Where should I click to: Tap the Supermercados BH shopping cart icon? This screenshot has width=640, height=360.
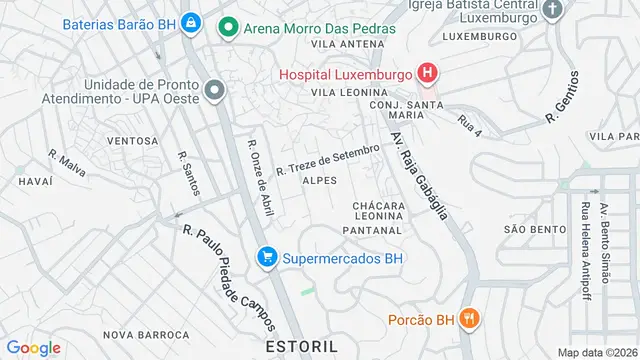click(x=267, y=257)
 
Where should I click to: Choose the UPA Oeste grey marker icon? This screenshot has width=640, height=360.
click(x=213, y=92)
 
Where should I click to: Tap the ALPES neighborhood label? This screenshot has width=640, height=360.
click(x=320, y=180)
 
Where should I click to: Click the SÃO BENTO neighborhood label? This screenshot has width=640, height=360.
click(x=536, y=229)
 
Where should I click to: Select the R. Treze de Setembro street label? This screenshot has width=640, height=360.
click(x=328, y=158)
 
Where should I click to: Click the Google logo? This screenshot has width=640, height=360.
click(x=33, y=347)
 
